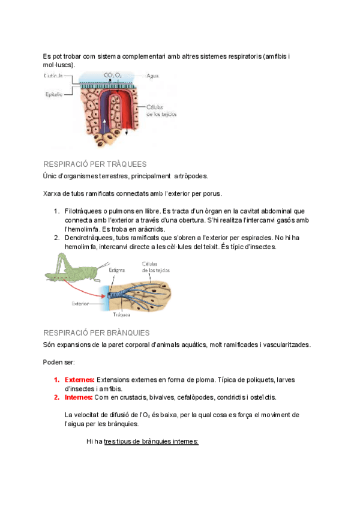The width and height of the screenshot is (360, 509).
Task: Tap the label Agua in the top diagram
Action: pos(152,76)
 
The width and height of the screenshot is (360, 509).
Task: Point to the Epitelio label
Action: pos(53,94)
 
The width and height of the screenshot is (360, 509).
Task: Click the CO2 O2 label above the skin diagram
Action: pos(112,75)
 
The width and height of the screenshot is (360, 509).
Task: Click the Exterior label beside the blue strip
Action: pos(80,304)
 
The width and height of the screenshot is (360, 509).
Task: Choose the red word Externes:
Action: pos(79,380)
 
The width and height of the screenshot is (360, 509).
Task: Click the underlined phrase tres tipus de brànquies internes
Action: pos(151,441)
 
